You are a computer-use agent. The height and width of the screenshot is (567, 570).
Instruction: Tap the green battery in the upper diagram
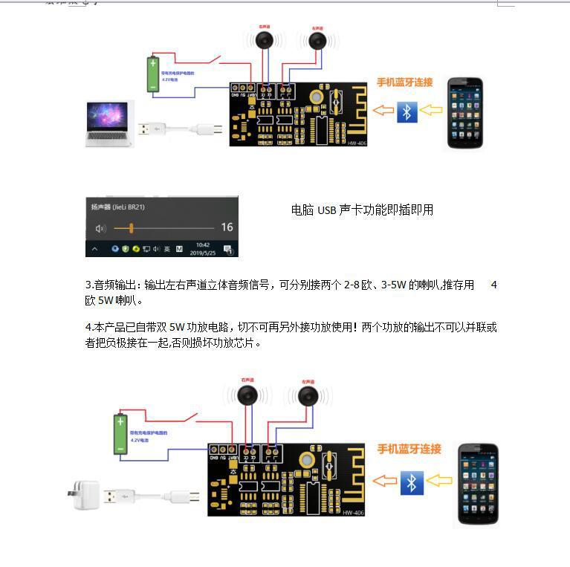153,74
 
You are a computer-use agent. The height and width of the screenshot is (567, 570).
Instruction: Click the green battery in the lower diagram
120,434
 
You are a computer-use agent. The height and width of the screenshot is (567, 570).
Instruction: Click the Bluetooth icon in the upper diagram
407,112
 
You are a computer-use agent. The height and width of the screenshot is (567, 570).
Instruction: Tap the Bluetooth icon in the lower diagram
411,482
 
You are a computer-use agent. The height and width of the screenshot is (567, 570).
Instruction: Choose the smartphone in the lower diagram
477,483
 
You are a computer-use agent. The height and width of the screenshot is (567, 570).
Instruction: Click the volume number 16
227,227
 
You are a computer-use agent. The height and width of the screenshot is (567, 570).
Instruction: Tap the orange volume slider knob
131,227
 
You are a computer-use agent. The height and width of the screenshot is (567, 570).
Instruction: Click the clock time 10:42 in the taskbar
202,244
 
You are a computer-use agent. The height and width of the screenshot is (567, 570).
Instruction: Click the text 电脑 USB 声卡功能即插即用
362,210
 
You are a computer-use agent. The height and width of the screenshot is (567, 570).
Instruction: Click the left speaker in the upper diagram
319,40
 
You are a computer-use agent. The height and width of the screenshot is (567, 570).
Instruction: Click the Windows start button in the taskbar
95,249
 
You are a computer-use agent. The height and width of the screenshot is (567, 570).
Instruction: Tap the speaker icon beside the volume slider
102,227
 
